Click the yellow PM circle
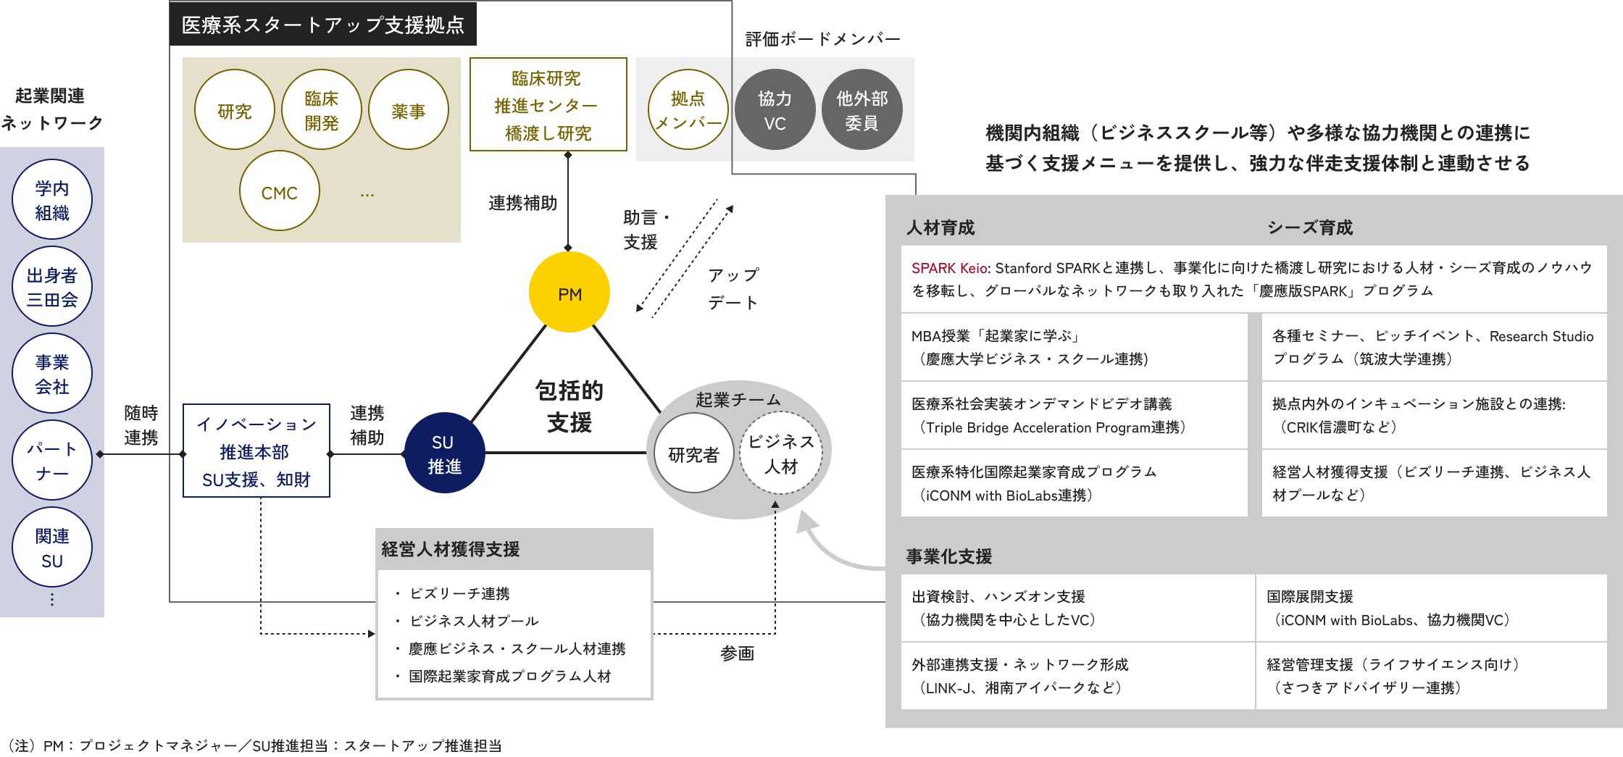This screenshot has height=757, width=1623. click(569, 293)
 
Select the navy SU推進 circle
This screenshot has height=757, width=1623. click(443, 453)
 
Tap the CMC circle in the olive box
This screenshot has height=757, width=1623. click(280, 192)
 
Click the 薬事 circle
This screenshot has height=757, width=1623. click(409, 110)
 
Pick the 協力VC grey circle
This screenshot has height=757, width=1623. click(775, 110)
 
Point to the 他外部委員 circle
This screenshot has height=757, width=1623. click(861, 110)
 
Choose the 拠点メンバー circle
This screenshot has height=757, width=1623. click(688, 110)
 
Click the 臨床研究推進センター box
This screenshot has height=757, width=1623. click(548, 105)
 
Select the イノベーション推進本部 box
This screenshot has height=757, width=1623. click(256, 451)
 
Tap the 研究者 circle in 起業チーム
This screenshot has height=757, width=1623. click(693, 454)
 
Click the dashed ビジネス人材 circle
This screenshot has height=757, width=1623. click(780, 453)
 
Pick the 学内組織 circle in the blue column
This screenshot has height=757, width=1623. click(52, 200)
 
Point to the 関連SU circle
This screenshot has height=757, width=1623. click(52, 548)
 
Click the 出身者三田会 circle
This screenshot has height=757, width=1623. click(52, 287)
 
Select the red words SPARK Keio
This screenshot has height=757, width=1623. click(948, 268)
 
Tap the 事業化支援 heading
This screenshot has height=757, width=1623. click(948, 556)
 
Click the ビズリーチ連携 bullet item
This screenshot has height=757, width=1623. click(459, 594)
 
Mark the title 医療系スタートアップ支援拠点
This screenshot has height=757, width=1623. click(323, 25)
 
